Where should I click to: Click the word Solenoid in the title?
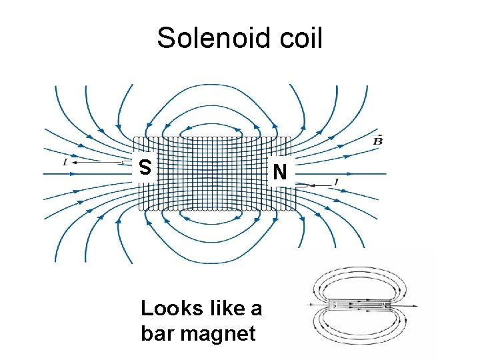click(x=207, y=39)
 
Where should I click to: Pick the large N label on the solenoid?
click(x=281, y=173)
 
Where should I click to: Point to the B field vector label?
click(x=378, y=141)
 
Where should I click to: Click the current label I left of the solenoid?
click(x=64, y=161)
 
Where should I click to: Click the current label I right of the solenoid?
click(x=337, y=181)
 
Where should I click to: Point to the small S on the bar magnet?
click(x=334, y=305)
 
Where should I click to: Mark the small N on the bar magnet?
click(x=384, y=305)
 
